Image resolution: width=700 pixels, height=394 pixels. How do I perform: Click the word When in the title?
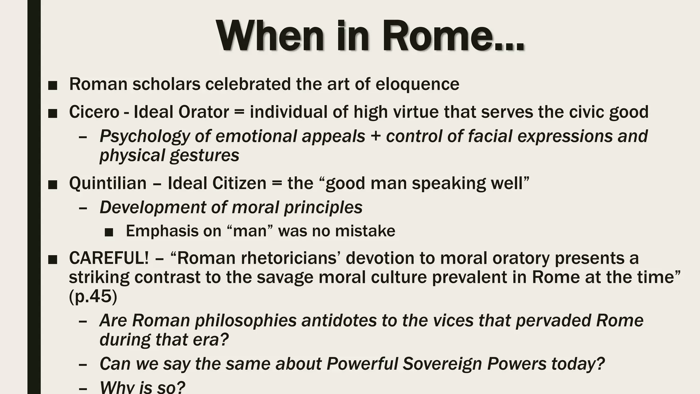(270, 36)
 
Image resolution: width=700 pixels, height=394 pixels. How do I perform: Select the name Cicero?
(94, 112)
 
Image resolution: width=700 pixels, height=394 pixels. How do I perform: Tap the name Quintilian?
(108, 183)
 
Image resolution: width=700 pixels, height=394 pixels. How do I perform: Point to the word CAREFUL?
(109, 258)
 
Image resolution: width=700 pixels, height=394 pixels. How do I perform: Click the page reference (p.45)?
(93, 296)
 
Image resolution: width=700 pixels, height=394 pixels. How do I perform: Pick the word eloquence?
(417, 84)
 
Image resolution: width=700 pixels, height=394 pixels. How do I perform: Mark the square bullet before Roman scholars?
(53, 86)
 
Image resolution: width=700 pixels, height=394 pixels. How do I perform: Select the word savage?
(285, 277)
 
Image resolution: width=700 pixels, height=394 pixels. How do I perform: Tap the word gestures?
(204, 156)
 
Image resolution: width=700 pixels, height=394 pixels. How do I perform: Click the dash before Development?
(82, 208)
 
